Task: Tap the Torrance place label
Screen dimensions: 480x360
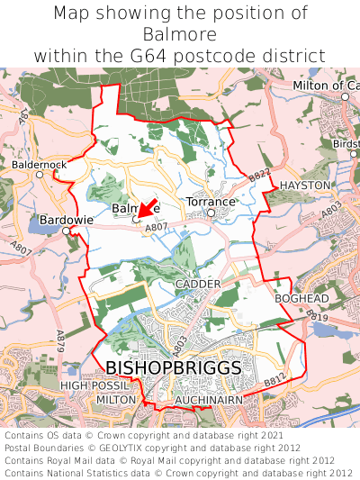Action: coord(210,202)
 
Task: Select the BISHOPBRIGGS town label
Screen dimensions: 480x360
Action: coord(174,368)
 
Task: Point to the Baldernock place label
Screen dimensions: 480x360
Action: coord(39,165)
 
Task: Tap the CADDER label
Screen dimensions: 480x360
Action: coord(197,284)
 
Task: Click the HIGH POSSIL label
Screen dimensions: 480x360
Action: coord(89,385)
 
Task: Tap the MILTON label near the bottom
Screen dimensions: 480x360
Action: coord(115,399)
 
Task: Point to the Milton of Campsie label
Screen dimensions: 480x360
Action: coord(326,86)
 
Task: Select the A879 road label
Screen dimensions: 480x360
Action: coord(61,340)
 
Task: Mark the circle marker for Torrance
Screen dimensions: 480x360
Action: coord(211,213)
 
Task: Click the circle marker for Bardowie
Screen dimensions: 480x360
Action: coord(65,231)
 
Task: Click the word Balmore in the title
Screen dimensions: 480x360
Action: coord(180,34)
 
